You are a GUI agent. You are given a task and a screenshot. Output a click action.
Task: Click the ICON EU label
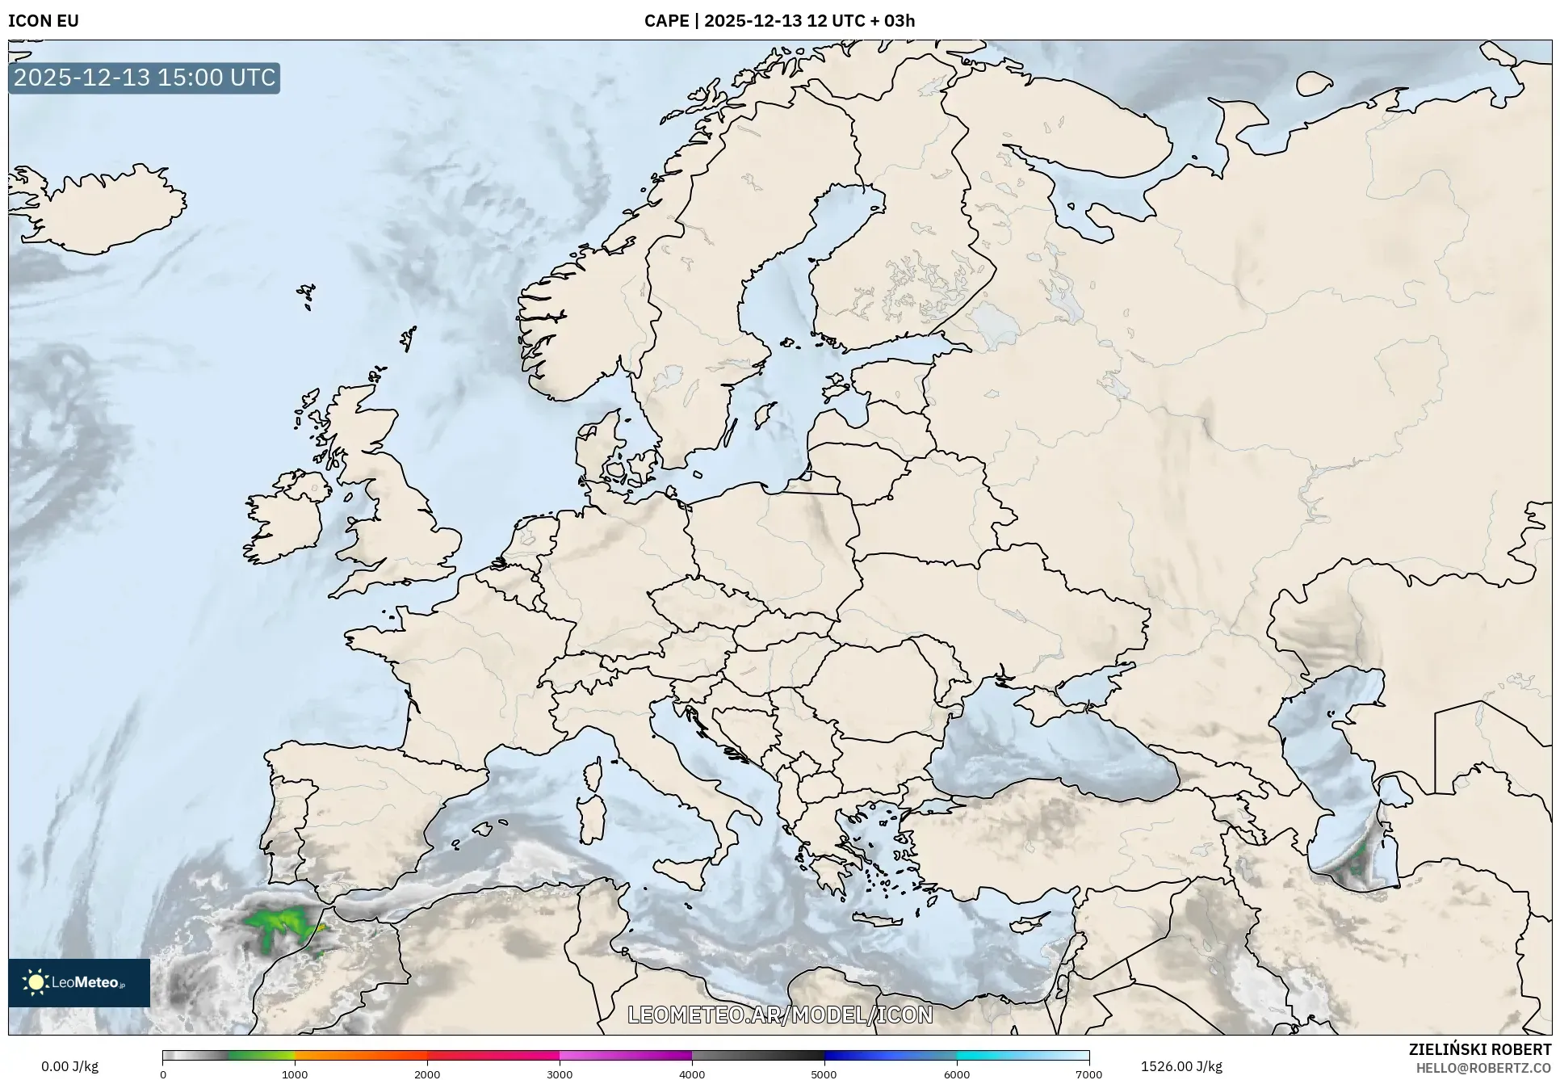tap(44, 21)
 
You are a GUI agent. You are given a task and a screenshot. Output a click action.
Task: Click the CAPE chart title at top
tap(779, 21)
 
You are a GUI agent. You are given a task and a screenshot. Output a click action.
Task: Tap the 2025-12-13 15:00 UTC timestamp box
tap(145, 78)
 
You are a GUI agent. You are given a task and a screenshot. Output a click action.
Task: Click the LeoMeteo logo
tap(79, 982)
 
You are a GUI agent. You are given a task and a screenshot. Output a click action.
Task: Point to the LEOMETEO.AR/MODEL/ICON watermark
tap(780, 1015)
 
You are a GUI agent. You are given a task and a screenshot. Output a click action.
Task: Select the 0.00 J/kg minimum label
tap(70, 1066)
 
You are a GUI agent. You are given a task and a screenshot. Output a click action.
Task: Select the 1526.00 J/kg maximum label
tap(1181, 1066)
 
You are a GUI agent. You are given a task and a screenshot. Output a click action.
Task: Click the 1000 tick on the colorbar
tap(295, 1074)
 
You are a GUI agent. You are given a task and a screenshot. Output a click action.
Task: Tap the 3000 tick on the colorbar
tap(560, 1074)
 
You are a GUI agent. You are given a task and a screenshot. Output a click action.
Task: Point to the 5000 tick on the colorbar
tap(824, 1074)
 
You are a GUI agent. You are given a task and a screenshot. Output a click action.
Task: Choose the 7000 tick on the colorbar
tap(1088, 1074)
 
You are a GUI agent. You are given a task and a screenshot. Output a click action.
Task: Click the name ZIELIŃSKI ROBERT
tap(1480, 1049)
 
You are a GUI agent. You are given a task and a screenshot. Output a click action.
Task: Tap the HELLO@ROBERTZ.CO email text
tap(1483, 1068)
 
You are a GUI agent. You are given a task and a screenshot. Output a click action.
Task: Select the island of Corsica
tap(593, 775)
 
